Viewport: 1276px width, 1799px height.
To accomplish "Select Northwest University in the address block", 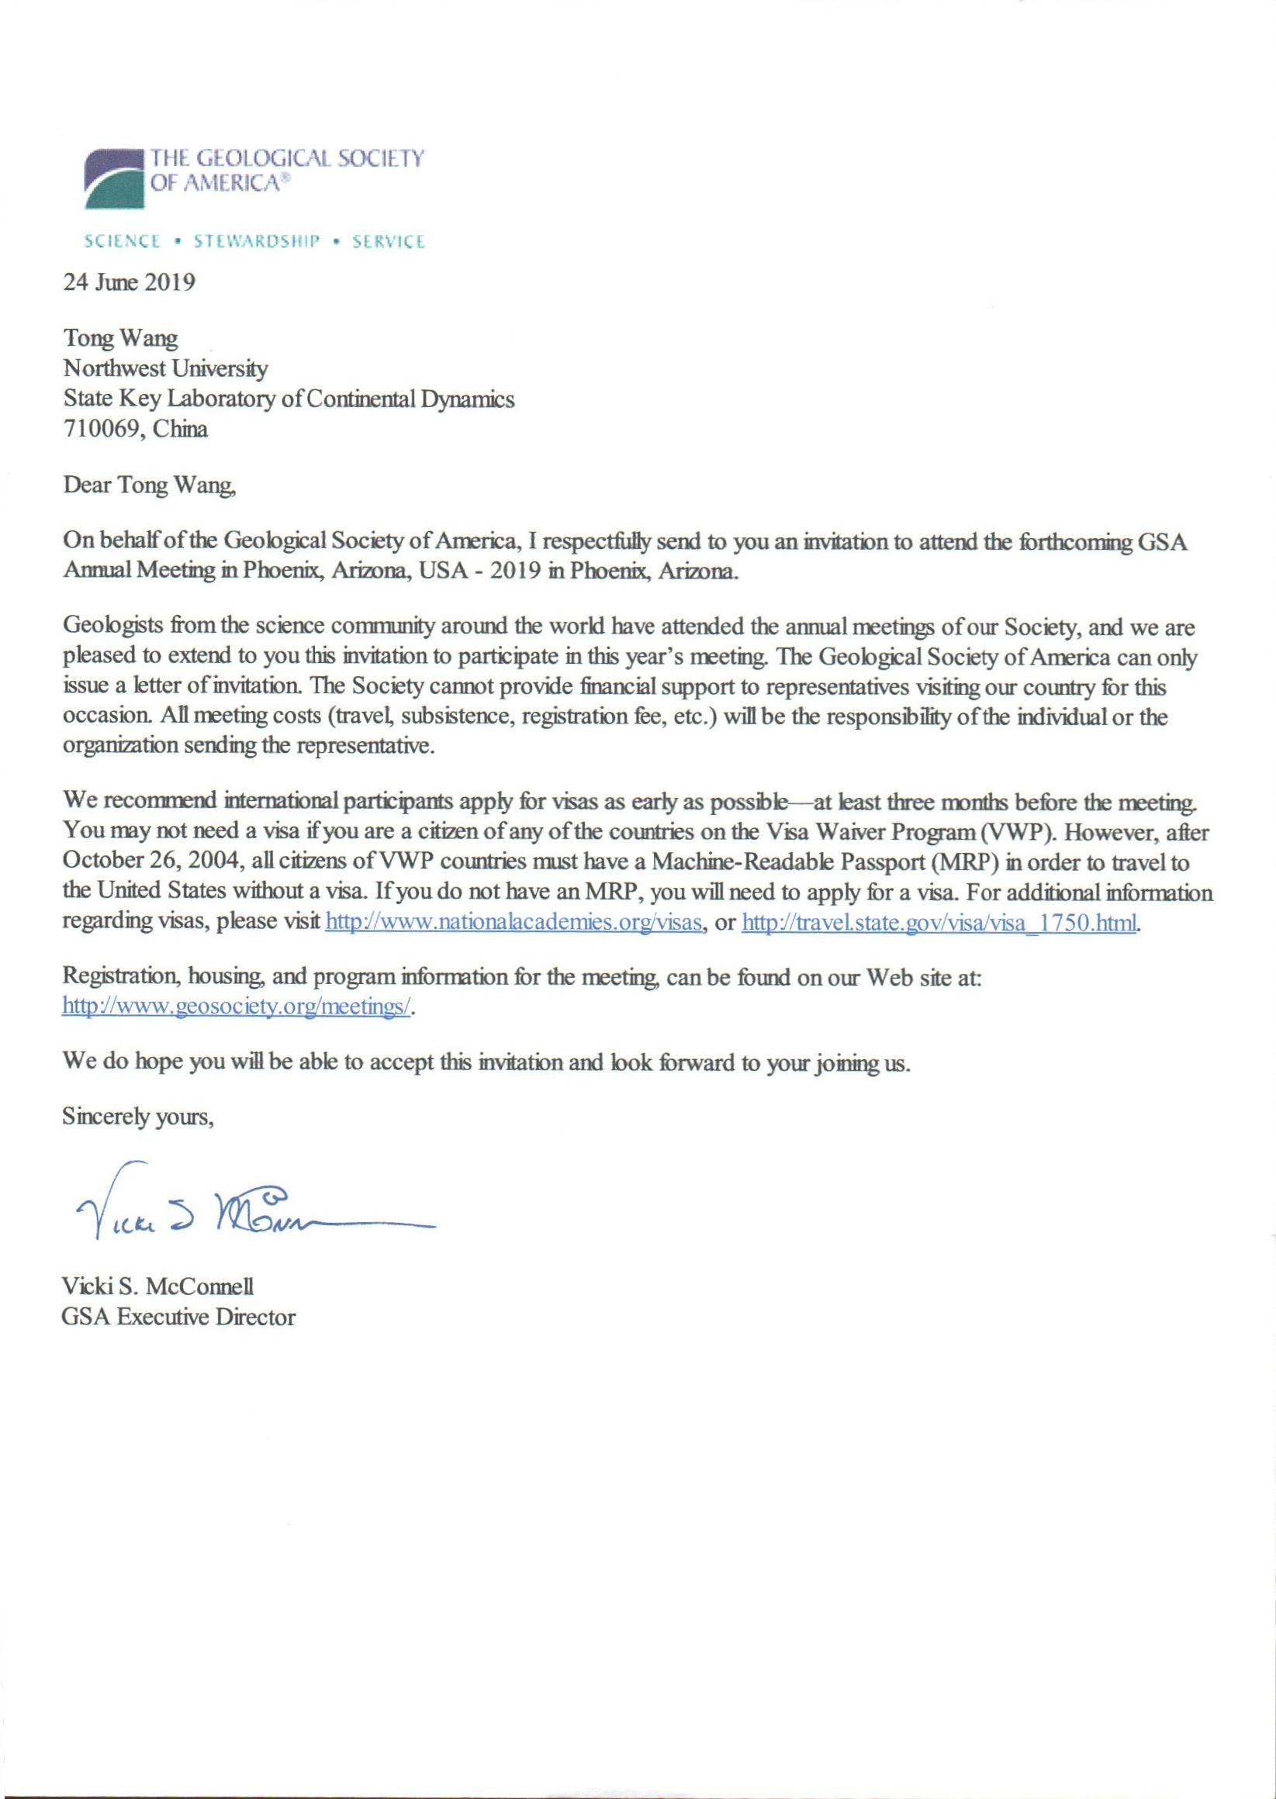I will (x=166, y=368).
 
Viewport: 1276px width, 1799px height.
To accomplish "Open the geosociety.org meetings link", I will (x=237, y=1007).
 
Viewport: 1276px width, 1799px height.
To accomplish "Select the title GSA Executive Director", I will (x=179, y=1317).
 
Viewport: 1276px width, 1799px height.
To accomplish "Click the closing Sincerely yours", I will (x=139, y=1117).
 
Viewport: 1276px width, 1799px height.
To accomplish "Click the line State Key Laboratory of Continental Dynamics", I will (x=289, y=399).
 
